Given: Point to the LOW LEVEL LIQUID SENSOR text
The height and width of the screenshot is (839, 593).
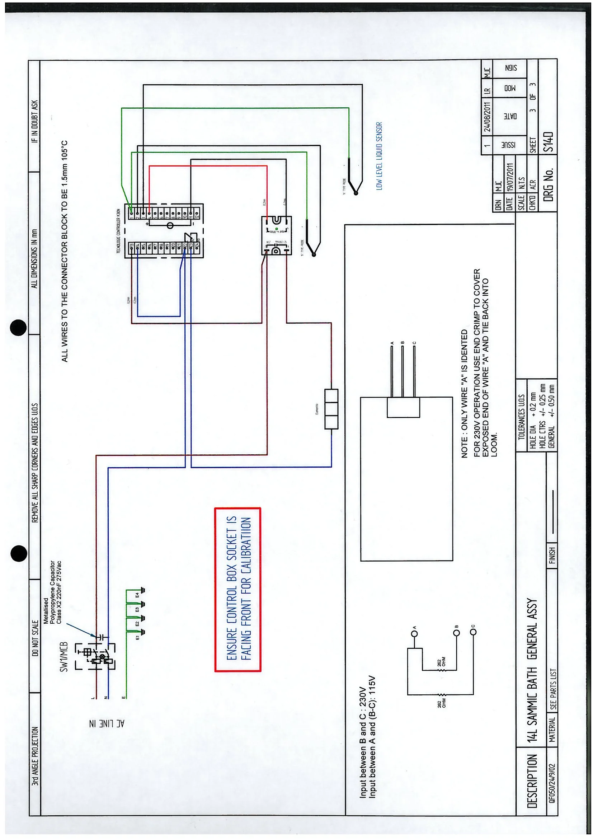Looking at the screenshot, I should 379,156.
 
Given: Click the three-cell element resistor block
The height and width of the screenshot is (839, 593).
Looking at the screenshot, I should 331,409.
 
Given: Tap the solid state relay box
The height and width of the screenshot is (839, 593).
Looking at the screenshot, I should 276,235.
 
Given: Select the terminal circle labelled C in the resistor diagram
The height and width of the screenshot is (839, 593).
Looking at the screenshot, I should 474,632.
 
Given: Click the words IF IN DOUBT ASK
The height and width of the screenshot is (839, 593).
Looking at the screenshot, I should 35,121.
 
